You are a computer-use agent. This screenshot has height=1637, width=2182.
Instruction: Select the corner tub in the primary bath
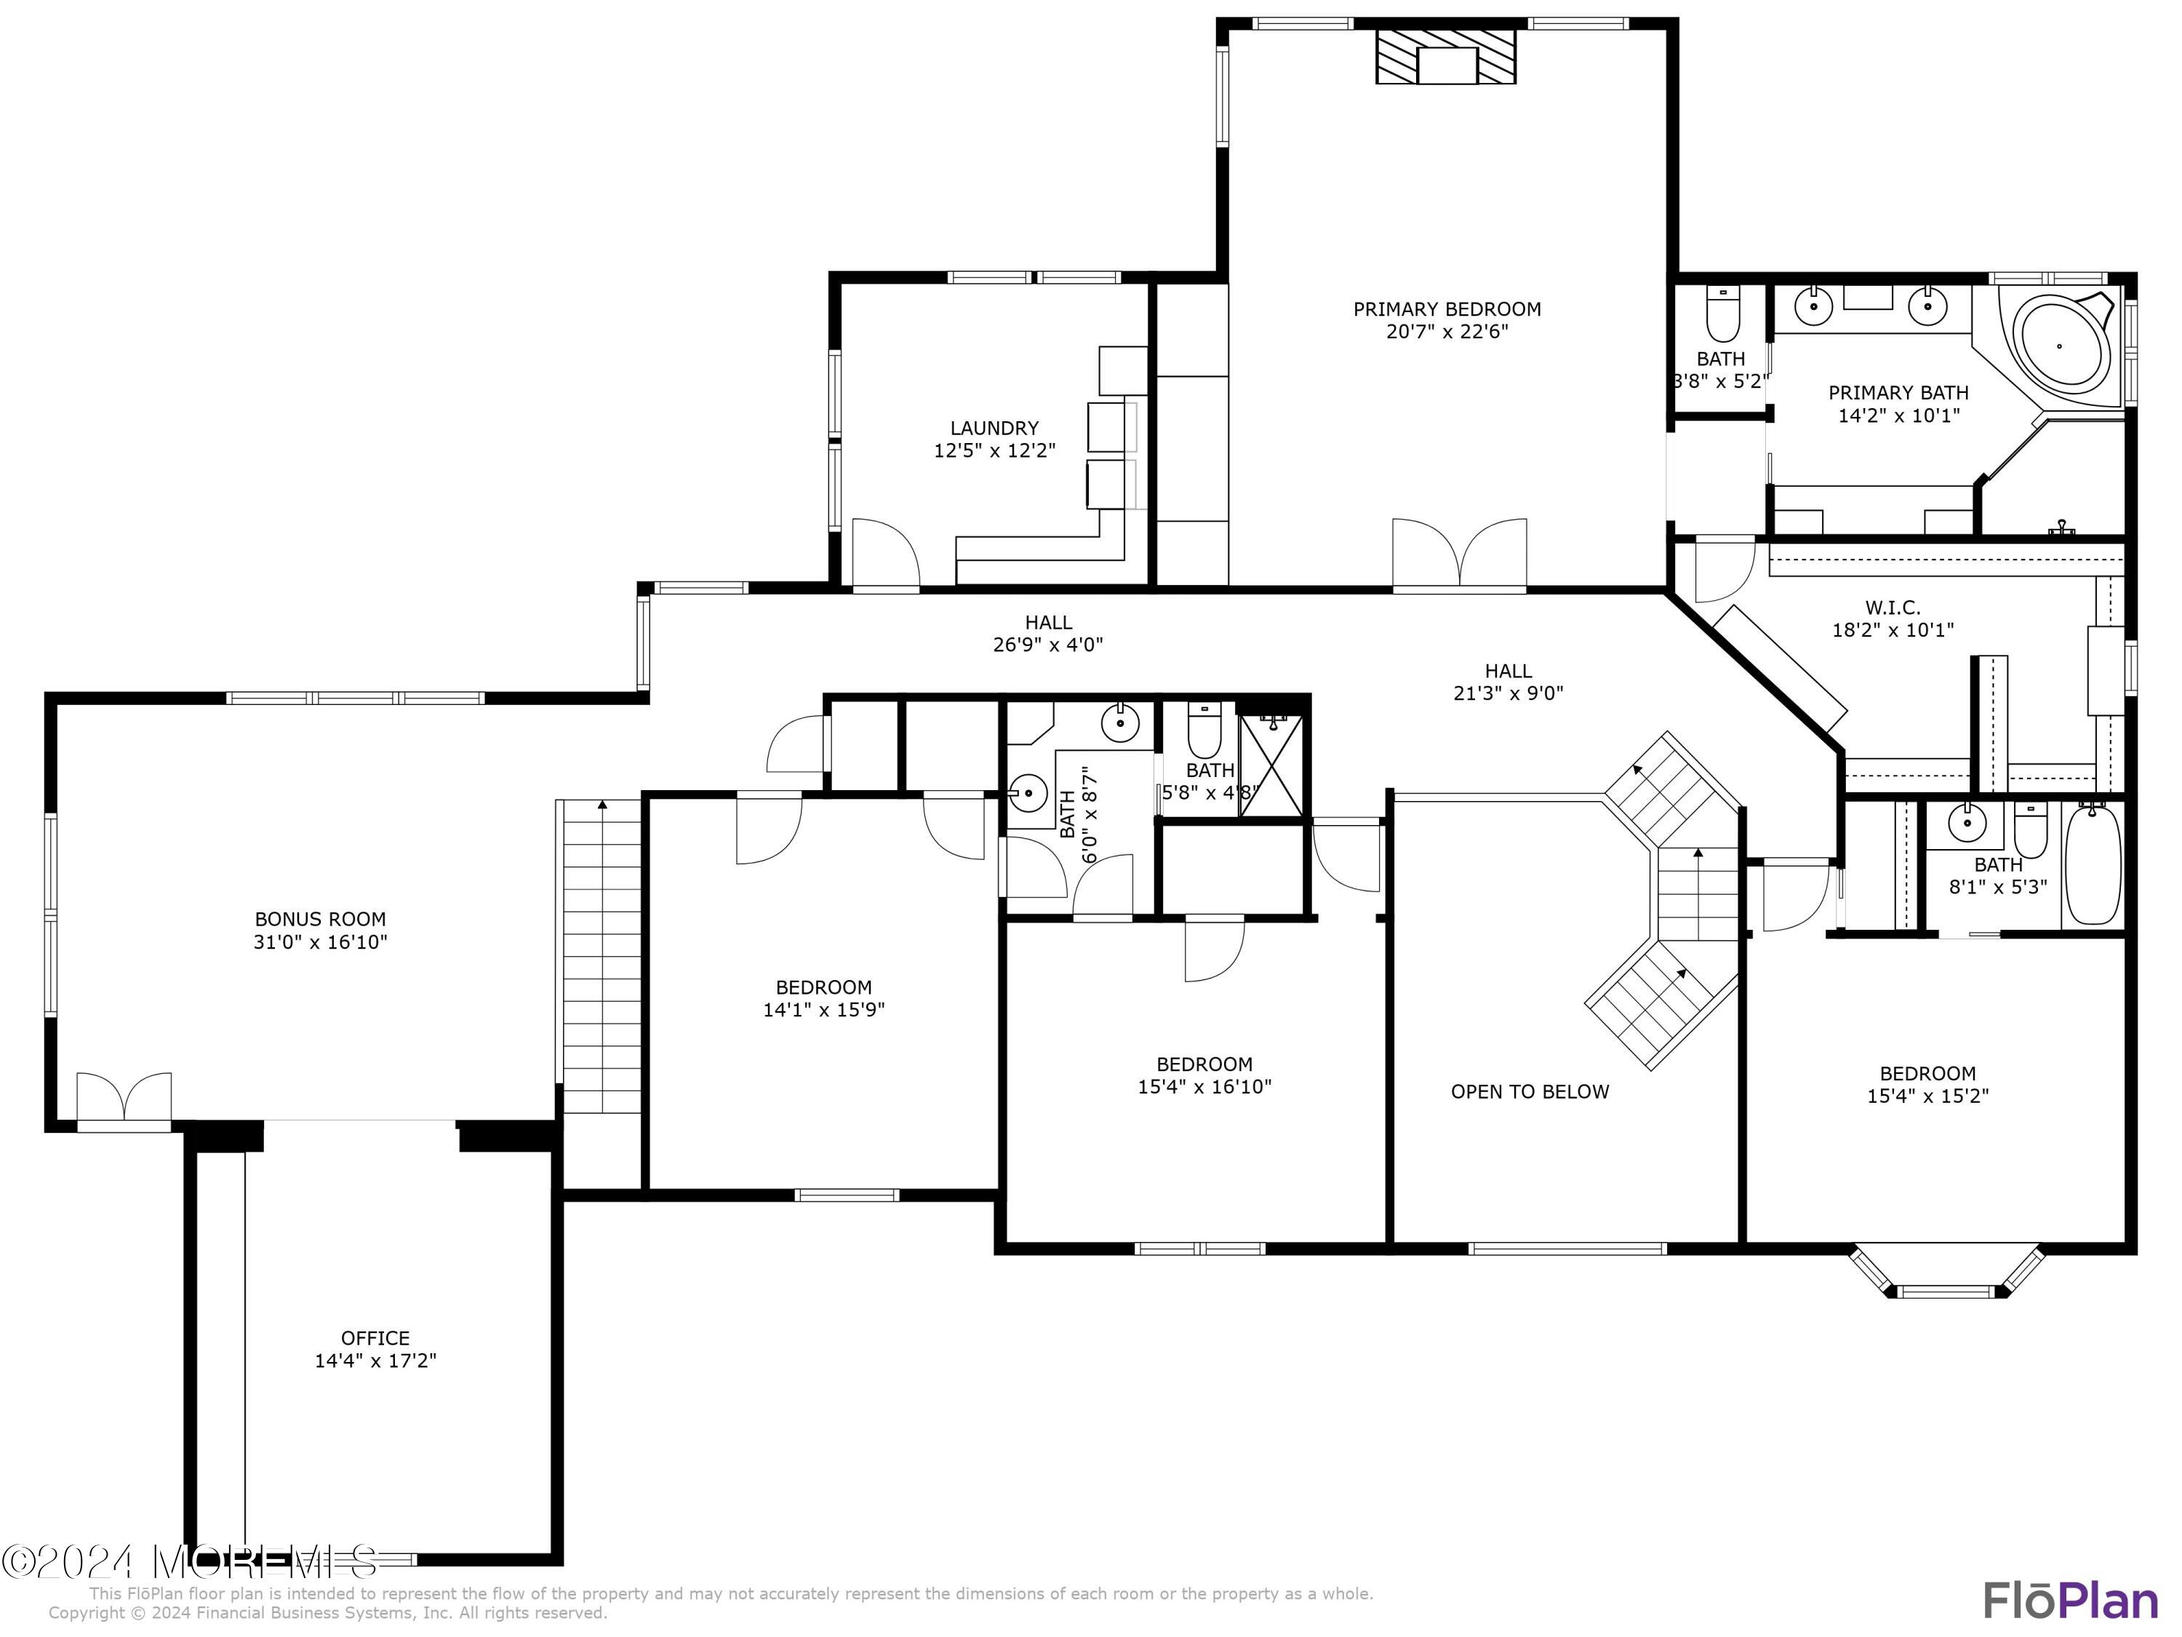[2060, 346]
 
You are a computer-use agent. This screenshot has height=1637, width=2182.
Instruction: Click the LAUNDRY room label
[994, 429]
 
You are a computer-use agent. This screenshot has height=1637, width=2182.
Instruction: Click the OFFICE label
[375, 1338]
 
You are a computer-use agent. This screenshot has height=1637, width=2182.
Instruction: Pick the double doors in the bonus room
[124, 1097]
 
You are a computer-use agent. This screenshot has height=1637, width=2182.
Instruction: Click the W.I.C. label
[1892, 608]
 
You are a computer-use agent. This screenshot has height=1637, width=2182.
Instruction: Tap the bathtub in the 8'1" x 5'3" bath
[2093, 864]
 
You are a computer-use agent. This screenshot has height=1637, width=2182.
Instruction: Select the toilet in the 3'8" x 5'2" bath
[1723, 314]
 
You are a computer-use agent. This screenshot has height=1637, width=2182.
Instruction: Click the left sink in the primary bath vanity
[1813, 306]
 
